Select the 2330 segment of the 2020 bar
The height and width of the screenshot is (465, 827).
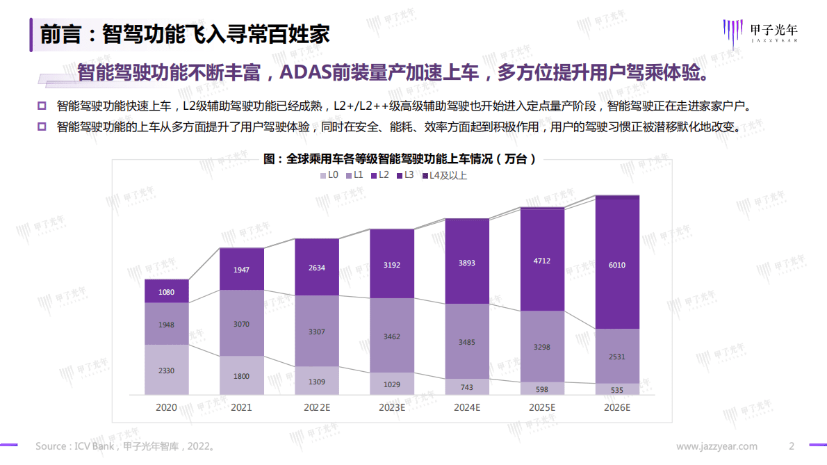pos(167,370)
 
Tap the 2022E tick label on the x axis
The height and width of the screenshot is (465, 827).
pos(317,407)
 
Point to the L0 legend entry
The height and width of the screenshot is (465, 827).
pos(329,175)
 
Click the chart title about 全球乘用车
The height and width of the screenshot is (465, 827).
pos(400,159)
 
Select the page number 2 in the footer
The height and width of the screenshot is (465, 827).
pos(791,446)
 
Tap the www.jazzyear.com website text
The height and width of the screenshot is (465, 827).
pos(718,446)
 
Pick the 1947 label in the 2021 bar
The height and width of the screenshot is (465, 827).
pos(242,269)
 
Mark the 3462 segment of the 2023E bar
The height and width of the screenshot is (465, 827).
pos(392,336)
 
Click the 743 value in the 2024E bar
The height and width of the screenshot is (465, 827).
pos(467,387)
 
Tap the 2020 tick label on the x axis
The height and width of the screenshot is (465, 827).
pos(167,407)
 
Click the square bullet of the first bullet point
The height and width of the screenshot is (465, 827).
pos(41,106)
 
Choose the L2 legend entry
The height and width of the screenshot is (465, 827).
pos(379,175)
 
